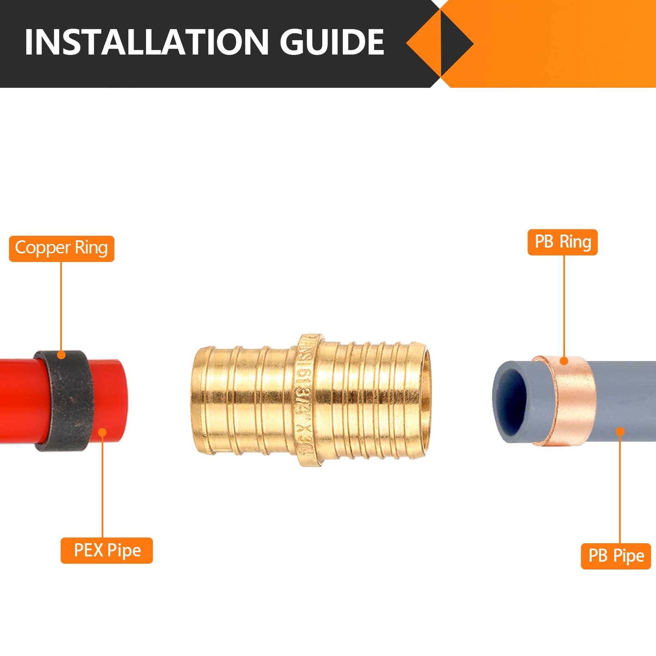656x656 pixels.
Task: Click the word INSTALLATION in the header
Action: [x=143, y=42]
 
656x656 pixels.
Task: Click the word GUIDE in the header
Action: [x=332, y=42]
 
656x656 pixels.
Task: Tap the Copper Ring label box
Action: [x=61, y=248]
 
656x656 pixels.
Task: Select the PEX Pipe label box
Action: [x=107, y=550]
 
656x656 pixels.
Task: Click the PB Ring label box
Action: [x=563, y=242]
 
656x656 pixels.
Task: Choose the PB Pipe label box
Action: [x=616, y=556]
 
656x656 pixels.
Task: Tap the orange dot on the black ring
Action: [x=61, y=355]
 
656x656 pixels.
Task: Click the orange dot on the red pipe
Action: [x=102, y=432]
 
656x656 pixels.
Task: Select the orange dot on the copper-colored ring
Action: [x=564, y=361]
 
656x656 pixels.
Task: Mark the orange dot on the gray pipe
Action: [x=620, y=431]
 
